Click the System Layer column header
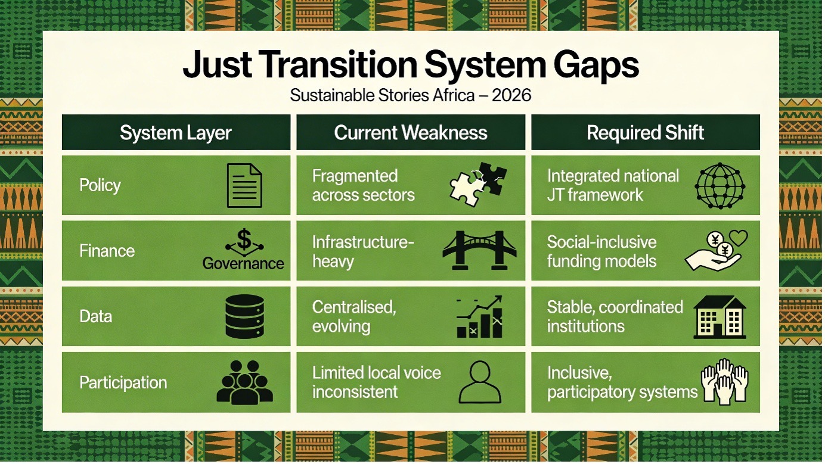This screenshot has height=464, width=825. [x=176, y=133]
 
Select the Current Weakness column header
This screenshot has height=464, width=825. [x=411, y=133]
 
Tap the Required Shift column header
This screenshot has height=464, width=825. [x=646, y=133]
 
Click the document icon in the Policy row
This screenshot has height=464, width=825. [x=244, y=186]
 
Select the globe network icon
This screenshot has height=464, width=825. [x=720, y=186]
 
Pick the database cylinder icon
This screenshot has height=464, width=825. [x=244, y=316]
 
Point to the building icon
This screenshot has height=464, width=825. [x=719, y=317]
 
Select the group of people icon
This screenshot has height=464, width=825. [x=244, y=382]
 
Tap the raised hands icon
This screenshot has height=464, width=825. [x=724, y=381]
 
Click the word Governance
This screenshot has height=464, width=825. [x=243, y=263]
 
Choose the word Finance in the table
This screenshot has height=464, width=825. [x=107, y=251]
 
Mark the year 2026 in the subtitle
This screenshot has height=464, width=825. [x=511, y=95]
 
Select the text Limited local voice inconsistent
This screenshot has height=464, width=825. [x=376, y=382]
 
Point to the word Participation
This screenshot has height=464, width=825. [x=123, y=382]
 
